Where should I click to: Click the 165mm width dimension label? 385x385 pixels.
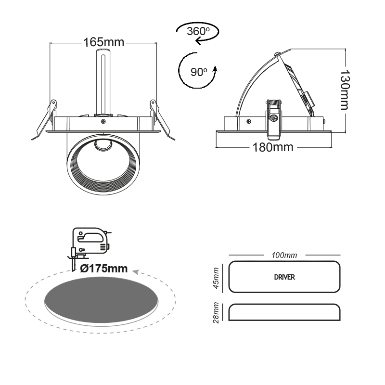coord(104,42)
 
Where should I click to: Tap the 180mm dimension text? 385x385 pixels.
coord(273,146)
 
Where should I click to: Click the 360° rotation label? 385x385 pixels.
coord(199,31)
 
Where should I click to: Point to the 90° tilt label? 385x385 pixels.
coord(199,72)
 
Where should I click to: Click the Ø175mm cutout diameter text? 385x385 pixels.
coord(104,269)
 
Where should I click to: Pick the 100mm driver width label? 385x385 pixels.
coord(284,255)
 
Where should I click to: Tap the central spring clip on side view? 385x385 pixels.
coord(274,118)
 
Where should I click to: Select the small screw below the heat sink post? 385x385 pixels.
coord(103,122)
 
